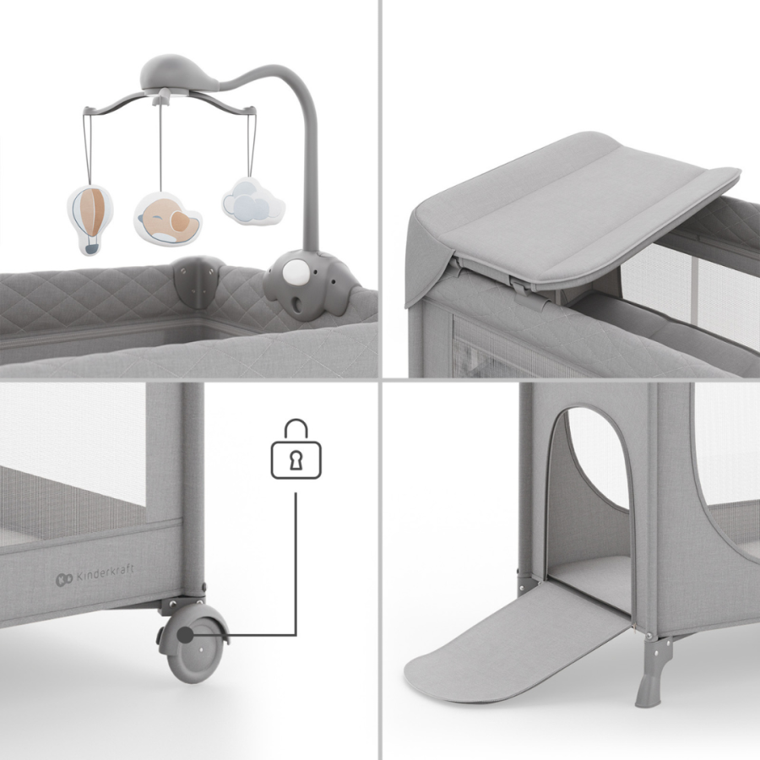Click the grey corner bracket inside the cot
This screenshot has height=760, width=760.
click(195, 283)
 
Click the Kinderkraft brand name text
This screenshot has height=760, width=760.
click(105, 576)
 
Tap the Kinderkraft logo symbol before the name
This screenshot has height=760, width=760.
click(62, 579)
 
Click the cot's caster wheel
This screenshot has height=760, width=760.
click(195, 647)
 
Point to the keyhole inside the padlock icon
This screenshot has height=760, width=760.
click(296, 459)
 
